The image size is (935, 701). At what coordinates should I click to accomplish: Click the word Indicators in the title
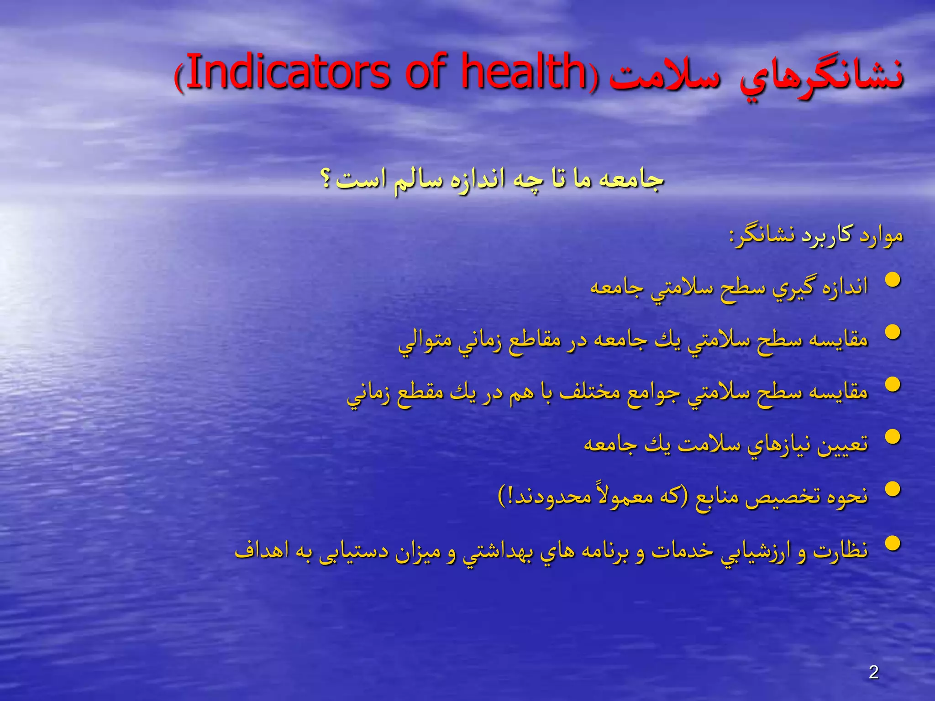(288, 72)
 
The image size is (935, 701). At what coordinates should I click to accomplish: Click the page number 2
(874, 672)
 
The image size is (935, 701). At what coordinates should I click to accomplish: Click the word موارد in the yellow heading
(882, 236)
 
